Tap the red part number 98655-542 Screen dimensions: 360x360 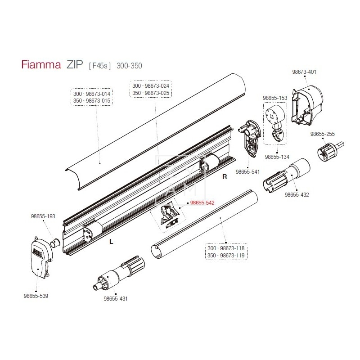pyautogui.click(x=202, y=203)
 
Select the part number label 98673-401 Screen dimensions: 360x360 pyautogui.click(x=305, y=72)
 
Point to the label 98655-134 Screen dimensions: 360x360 pyautogui.click(x=277, y=157)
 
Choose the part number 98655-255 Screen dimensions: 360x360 pyautogui.click(x=323, y=134)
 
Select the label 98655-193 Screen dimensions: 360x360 pyautogui.click(x=43, y=216)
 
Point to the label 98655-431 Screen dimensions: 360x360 pyautogui.click(x=116, y=298)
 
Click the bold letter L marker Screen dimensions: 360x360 pyautogui.click(x=111, y=242)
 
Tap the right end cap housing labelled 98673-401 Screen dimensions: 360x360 pyautogui.click(x=308, y=103)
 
